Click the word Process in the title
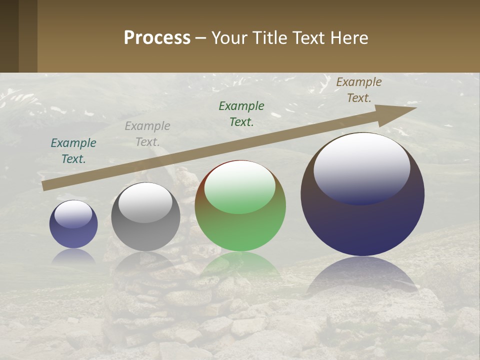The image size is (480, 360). pos(157,37)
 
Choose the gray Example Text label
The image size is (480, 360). pos(147,134)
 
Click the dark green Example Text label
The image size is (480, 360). pos(241,113)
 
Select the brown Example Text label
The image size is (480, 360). pos(359,89)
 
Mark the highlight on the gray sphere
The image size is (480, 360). pos(145,202)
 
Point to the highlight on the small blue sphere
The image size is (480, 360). pos(73,214)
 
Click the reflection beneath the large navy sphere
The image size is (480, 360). pos(362,275)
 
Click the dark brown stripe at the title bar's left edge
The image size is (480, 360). pos(9,36)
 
